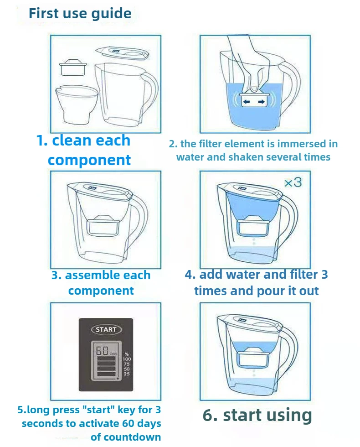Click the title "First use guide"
point(80,13)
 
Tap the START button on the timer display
point(106,329)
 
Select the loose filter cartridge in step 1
point(73,68)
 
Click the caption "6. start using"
point(257,415)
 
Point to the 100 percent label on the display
point(126,359)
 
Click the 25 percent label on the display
point(126,374)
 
